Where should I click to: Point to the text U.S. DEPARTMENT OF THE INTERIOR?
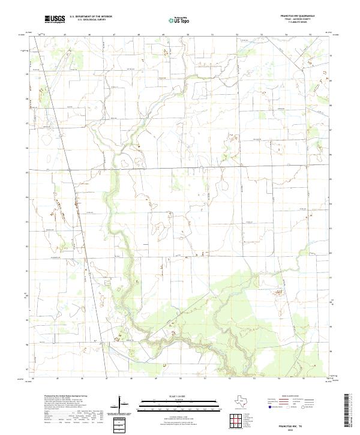coord(91,18)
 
